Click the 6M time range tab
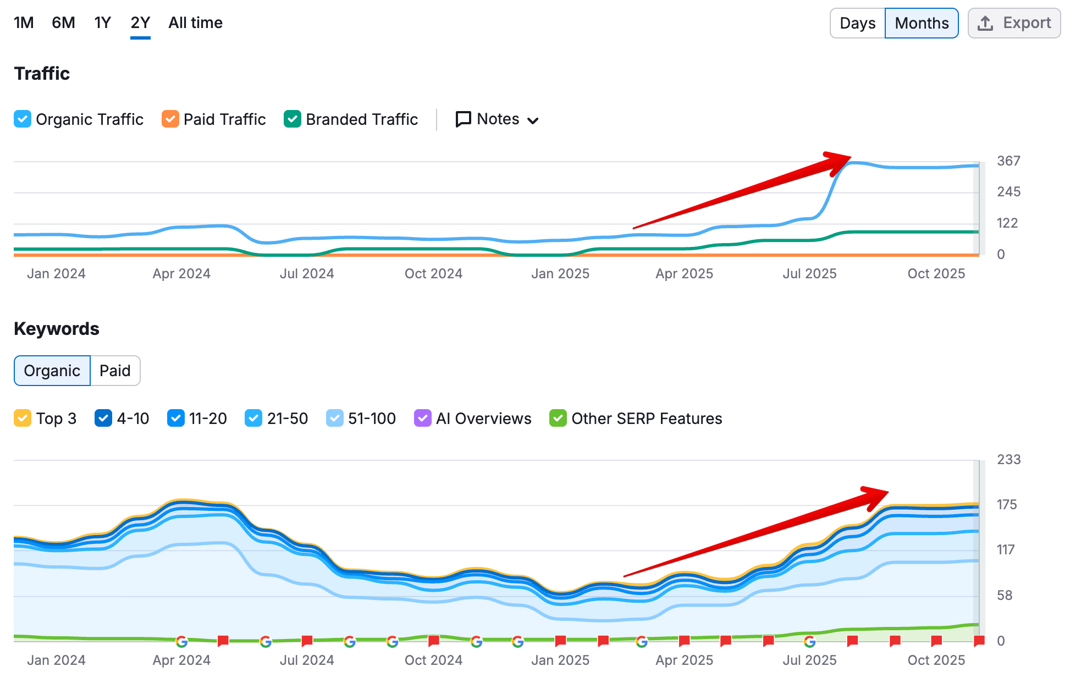coord(63,23)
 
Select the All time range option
coord(195,23)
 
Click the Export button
coord(1014,23)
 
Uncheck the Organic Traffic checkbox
coord(23,119)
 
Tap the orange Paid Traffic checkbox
coord(170,119)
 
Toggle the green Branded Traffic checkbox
coord(293,119)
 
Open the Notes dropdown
coord(497,119)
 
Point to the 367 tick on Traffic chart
coord(1008,161)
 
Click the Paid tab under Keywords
coord(115,371)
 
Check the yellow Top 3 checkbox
coord(23,418)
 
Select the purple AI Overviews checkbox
coord(422,418)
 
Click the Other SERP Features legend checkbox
coord(558,418)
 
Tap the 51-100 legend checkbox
coord(334,418)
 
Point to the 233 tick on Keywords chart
coord(1008,460)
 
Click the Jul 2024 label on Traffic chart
coord(307,274)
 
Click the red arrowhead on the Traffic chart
coord(839,161)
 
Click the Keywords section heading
coord(57,329)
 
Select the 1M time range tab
coord(24,23)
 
